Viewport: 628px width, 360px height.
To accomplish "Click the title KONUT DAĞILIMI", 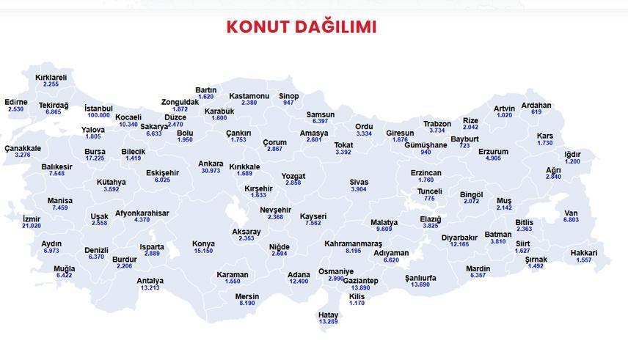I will tap(301, 27).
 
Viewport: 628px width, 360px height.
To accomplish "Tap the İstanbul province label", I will tap(98, 109).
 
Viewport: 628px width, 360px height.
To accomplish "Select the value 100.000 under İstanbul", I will tap(98, 115).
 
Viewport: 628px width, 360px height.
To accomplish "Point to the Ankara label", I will tap(211, 164).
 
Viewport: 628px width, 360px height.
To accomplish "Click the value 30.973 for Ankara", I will tap(211, 171).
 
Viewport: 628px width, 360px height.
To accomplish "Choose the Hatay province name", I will tap(328, 315).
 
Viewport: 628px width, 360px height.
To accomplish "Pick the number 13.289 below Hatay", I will tap(328, 321).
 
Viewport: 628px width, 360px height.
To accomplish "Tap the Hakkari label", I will tap(584, 254).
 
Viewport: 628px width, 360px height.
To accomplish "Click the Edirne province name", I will tap(15, 102).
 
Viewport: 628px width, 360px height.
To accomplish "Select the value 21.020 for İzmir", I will tap(32, 226).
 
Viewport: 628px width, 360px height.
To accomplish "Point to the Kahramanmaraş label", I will tap(354, 243).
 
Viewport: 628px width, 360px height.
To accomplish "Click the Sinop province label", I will tap(288, 96).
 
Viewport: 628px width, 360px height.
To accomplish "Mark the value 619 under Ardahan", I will tap(536, 112).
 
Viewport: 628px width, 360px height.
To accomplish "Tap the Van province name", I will tap(571, 213).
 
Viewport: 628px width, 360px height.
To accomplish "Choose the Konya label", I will tap(203, 243).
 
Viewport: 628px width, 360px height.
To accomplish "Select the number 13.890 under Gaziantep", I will tap(360, 288).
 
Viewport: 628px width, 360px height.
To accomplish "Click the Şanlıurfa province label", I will tap(420, 278).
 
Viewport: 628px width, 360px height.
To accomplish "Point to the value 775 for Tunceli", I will tap(429, 198).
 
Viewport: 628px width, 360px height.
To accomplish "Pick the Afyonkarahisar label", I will tap(142, 213).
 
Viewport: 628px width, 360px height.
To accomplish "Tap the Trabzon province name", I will tap(437, 124).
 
